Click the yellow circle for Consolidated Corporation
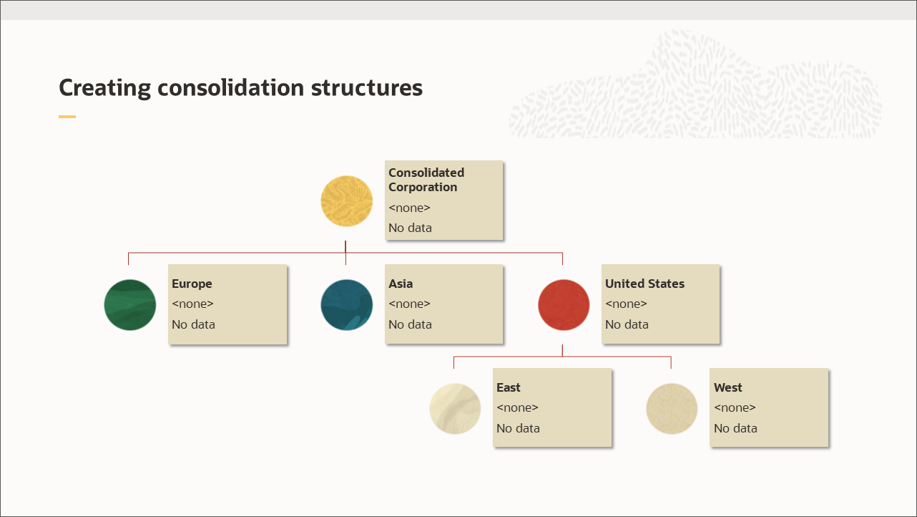point(347,200)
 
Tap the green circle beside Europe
point(130,305)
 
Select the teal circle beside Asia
point(347,305)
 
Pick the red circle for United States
point(564,305)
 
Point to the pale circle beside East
point(455,409)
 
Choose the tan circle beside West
point(672,409)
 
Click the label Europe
point(192,284)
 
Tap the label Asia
point(401,284)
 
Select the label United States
point(644,284)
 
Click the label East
point(509,387)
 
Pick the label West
point(728,387)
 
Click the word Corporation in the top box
point(423,187)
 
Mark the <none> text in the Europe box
point(192,304)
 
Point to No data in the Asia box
point(410,324)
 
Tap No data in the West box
point(735,428)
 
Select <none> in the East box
point(517,407)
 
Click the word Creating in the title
point(104,87)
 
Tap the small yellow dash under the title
point(67,116)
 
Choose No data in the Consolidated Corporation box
point(410,228)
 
